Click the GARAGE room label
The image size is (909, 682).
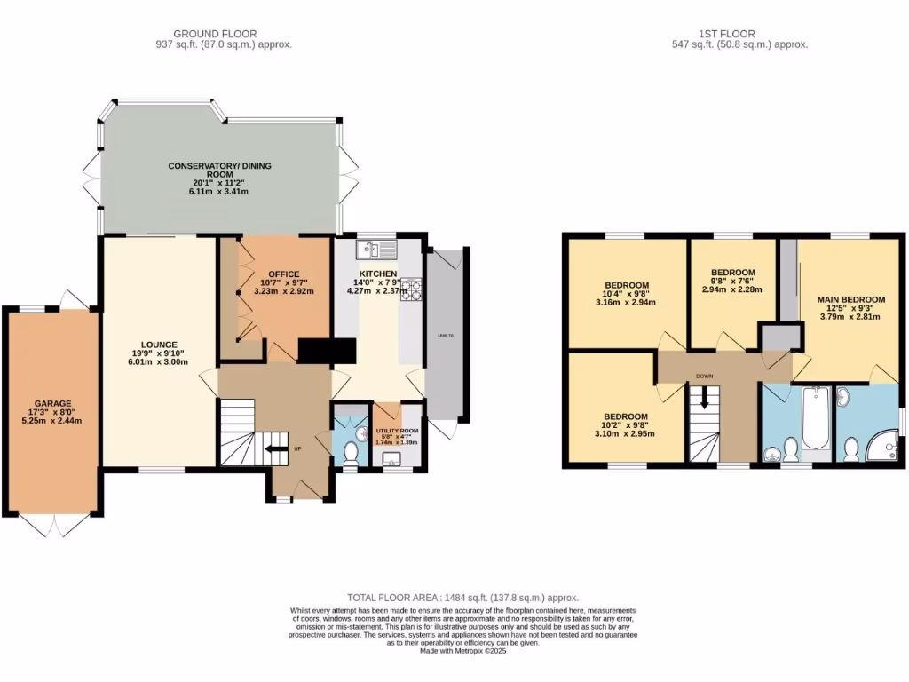point(53,403)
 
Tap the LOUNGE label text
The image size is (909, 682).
point(158,344)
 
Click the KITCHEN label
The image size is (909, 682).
point(377,274)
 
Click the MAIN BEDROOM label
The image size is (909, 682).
point(851,299)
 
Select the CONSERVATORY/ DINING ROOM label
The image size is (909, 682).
point(220,170)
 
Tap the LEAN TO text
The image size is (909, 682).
point(445,336)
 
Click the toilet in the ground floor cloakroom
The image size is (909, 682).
point(351,453)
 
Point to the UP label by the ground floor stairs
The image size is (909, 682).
point(297,448)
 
